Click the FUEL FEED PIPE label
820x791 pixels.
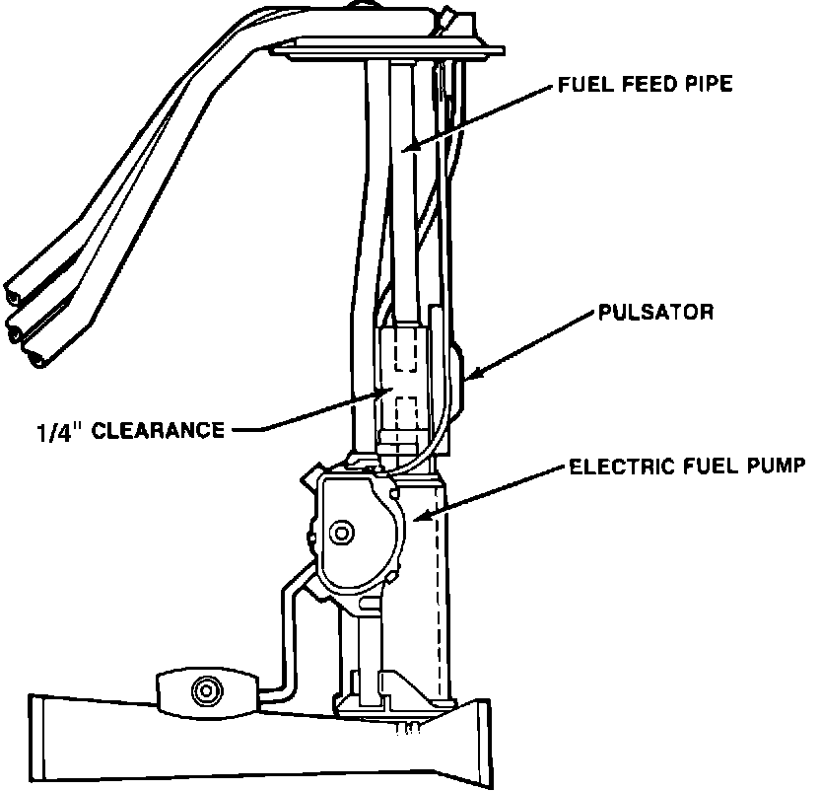click(645, 86)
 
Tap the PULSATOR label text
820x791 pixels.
click(654, 315)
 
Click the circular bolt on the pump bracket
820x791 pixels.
click(343, 533)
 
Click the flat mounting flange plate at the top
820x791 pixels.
click(389, 46)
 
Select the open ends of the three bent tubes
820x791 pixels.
click(28, 325)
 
